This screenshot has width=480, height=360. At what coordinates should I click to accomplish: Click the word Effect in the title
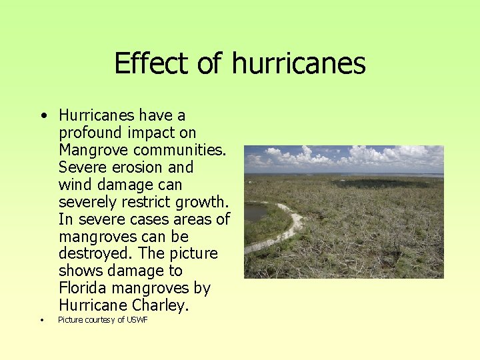point(147,64)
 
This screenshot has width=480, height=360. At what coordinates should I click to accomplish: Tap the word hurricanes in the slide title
point(299,64)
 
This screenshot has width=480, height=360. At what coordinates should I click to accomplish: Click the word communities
point(155,150)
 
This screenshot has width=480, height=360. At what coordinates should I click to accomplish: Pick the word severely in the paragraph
point(85,202)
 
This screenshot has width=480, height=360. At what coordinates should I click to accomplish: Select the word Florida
point(83,289)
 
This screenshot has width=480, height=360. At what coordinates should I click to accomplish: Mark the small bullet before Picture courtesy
point(41,320)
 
